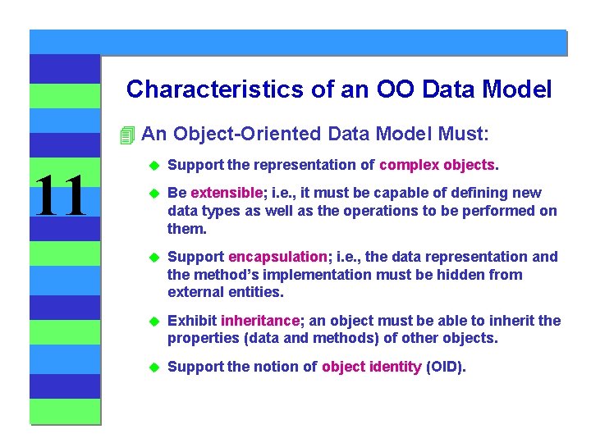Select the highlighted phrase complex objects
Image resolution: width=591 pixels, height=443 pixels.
click(438, 165)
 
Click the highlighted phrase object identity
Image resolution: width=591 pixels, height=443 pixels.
click(371, 367)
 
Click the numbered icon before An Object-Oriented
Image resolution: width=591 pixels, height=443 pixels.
click(126, 134)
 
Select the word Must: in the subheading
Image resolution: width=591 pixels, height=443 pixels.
click(463, 133)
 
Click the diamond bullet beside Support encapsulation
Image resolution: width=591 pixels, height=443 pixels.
click(151, 258)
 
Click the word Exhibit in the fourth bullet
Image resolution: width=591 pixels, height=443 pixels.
click(192, 321)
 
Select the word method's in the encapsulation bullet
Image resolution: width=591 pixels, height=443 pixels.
click(219, 274)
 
